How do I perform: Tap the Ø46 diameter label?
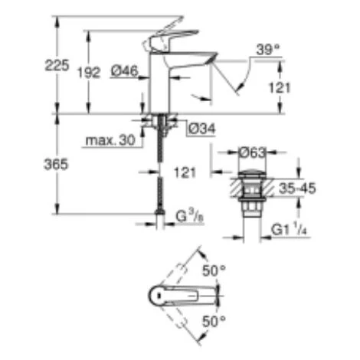point(123,71)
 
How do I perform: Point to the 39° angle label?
point(269,48)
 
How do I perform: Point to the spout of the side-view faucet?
point(195,59)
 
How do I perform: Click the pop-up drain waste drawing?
point(248,192)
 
